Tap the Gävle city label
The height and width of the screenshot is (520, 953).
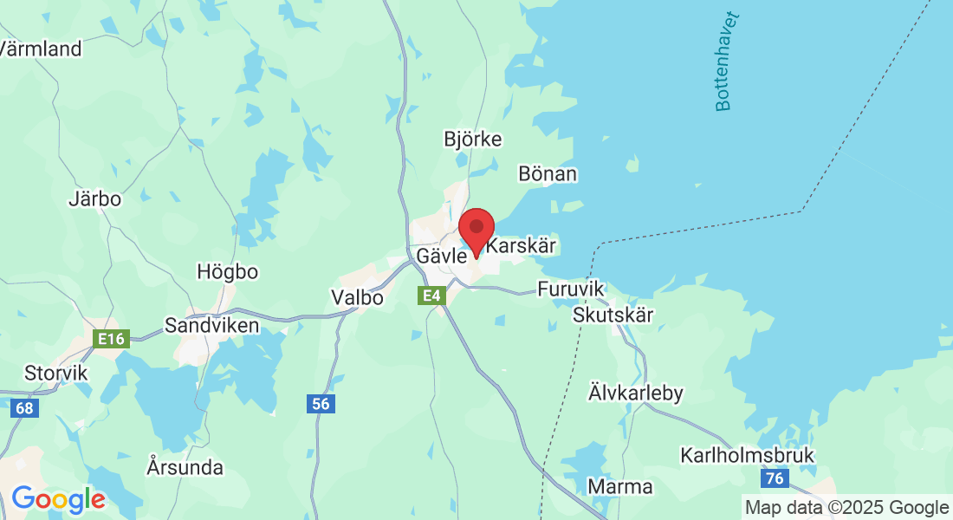(x=441, y=257)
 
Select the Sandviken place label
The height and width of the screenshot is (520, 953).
(x=211, y=326)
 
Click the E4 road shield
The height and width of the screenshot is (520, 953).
(x=430, y=296)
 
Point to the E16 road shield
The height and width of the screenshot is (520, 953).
(x=111, y=339)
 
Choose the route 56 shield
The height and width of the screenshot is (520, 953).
(x=321, y=403)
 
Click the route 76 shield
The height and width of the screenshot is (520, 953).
(x=774, y=478)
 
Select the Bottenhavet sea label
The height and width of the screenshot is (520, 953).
(x=725, y=61)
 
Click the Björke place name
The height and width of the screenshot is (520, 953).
(x=472, y=139)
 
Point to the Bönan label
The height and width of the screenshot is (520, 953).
(x=547, y=173)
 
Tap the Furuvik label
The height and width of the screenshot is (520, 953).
(x=568, y=289)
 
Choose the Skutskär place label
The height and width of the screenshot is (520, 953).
(x=613, y=315)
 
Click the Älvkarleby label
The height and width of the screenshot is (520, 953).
(x=636, y=393)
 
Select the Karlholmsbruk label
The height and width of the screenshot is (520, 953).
(x=747, y=455)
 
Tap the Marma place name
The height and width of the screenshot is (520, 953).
(x=620, y=486)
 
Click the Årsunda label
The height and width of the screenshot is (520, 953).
(x=185, y=468)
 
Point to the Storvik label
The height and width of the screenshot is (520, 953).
(x=55, y=373)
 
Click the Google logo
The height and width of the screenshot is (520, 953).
(x=58, y=499)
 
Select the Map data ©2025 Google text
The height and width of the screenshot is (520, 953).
(x=847, y=507)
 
